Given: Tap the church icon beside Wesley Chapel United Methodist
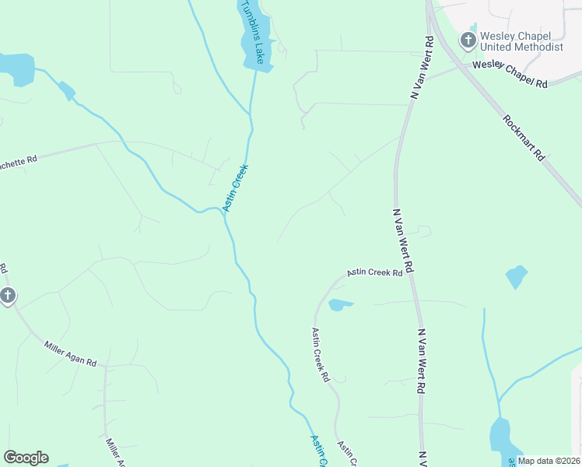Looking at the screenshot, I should click(468, 39).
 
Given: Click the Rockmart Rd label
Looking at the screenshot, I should click(523, 139).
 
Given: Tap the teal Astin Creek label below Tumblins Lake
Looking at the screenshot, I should click(235, 188).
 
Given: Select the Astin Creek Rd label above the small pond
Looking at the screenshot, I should click(374, 272).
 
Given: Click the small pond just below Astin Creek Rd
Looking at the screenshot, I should click(340, 304).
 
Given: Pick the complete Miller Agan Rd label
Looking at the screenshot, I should click(70, 353).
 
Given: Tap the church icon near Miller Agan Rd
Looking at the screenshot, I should click(7, 296).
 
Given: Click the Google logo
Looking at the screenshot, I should click(26, 458).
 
